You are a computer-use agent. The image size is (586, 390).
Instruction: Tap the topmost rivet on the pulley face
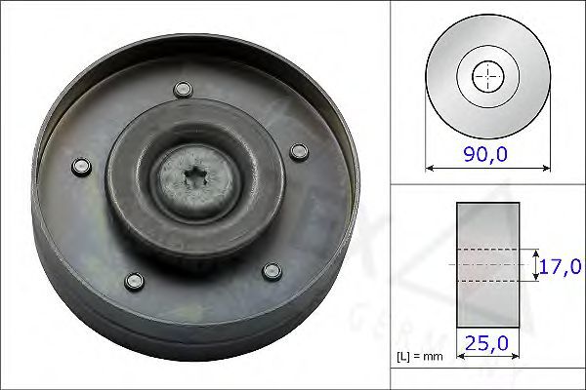[184, 90]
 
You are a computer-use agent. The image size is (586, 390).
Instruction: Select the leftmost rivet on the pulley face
[81, 167]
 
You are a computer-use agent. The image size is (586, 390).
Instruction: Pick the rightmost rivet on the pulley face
[300, 152]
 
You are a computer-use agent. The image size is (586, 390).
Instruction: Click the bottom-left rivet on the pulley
[134, 282]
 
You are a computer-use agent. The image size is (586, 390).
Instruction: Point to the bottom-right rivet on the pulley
[272, 272]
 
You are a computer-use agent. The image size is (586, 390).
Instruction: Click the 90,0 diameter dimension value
[485, 154]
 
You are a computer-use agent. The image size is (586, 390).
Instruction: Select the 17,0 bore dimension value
[560, 266]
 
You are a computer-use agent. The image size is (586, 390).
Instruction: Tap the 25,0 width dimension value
[486, 343]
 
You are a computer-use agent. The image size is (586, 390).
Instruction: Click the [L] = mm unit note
[419, 357]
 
